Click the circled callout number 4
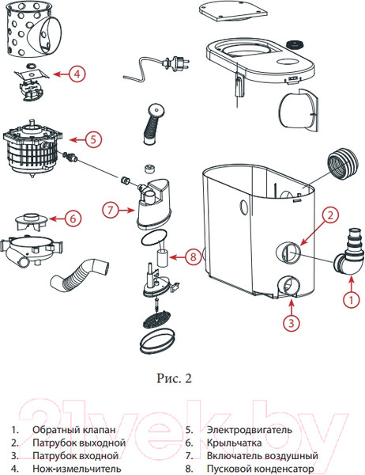pyautogui.click(x=77, y=74)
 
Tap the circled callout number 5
pyautogui.click(x=93, y=139)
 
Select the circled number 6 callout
pyautogui.click(x=73, y=218)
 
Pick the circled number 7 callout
pyautogui.click(x=111, y=210)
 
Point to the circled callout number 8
pyautogui.click(x=193, y=256)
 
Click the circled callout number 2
pyautogui.click(x=330, y=215)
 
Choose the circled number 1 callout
pyautogui.click(x=351, y=300)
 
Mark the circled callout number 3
pyautogui.click(x=292, y=323)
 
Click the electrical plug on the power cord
pyautogui.click(x=176, y=63)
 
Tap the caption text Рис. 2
pyautogui.click(x=174, y=378)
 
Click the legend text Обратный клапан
pyautogui.click(x=73, y=430)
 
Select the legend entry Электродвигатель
pyautogui.click(x=250, y=430)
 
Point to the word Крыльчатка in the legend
pyautogui.click(x=234, y=443)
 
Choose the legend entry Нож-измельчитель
pyautogui.click(x=77, y=469)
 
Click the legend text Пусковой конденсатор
pyautogui.click(x=261, y=469)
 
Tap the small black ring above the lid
pyautogui.click(x=295, y=44)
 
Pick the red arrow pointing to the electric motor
pyautogui.click(x=77, y=139)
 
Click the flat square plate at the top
pyautogui.click(x=233, y=11)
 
